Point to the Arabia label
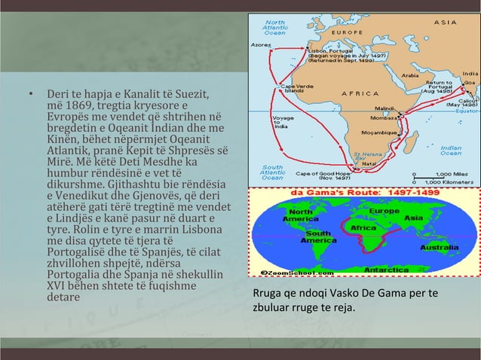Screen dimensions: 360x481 (x=411, y=75)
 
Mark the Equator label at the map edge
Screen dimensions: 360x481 (x=467, y=111)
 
